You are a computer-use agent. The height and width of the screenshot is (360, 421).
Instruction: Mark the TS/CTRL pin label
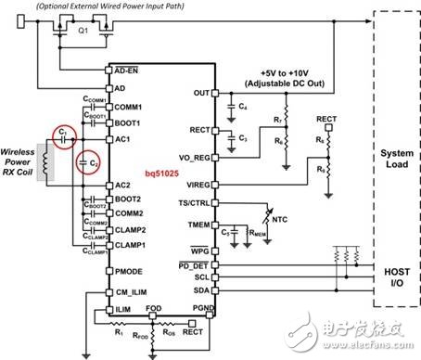pos(192,202)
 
